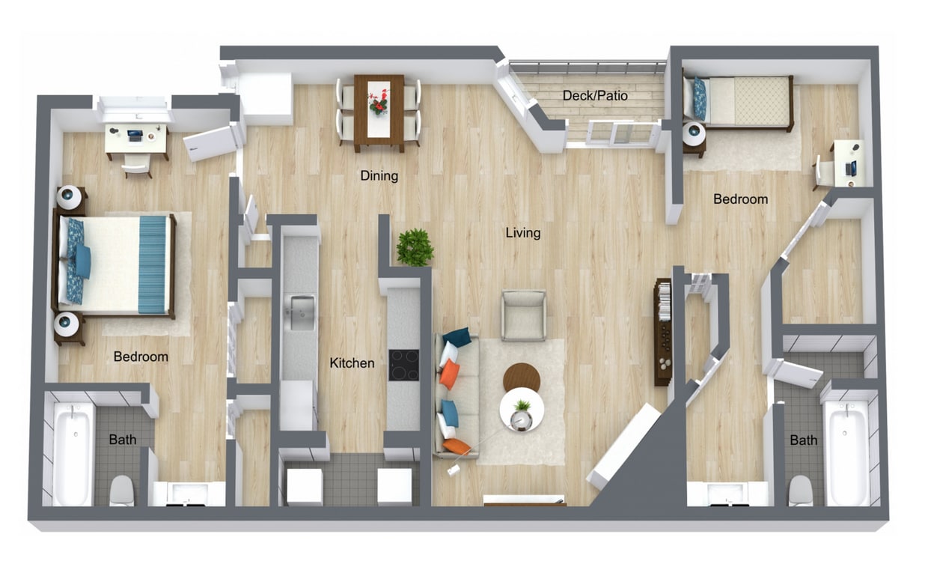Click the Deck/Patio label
[x=595, y=96]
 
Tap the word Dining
[x=379, y=176]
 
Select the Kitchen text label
[x=352, y=363]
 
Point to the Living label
[x=522, y=233]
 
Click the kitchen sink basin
[x=302, y=312]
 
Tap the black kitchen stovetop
[x=404, y=365]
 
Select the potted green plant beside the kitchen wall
[x=415, y=246]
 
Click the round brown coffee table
[x=521, y=377]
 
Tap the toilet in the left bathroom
[x=121, y=491]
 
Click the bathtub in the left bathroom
[x=73, y=453]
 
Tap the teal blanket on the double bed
[x=153, y=264]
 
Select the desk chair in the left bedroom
[x=136, y=167]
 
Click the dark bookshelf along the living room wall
[x=662, y=330]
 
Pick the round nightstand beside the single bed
[x=694, y=135]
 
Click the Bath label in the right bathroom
[x=803, y=440]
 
